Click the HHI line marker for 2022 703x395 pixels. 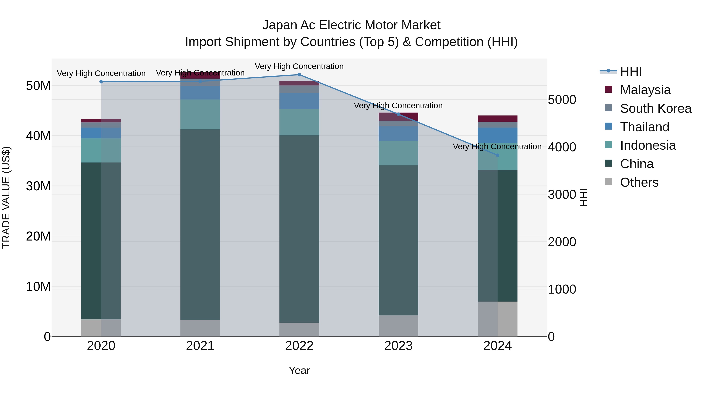[299, 75]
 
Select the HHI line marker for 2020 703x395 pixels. [101, 82]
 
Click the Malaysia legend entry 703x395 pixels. [645, 90]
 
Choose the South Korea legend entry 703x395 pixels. [656, 108]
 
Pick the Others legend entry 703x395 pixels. [639, 182]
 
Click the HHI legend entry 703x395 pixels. [631, 71]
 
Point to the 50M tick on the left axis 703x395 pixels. [38, 86]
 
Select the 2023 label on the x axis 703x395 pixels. [398, 346]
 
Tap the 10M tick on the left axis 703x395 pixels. [38, 287]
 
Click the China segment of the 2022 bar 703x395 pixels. [299, 229]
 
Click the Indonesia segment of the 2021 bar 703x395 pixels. [200, 115]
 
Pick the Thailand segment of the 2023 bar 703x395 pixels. [398, 134]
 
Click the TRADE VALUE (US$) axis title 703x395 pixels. [6, 197]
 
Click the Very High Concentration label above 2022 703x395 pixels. [299, 66]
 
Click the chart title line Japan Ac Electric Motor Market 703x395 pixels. [351, 25]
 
